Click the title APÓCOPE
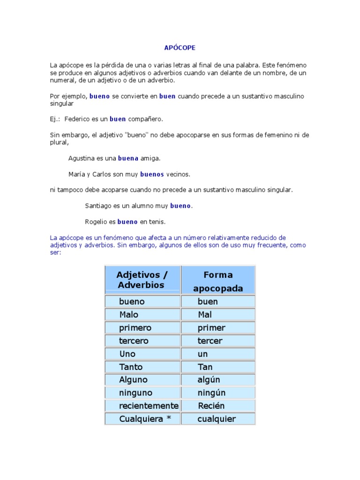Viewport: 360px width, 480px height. click(x=180, y=48)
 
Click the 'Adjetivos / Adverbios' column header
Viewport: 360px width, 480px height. click(x=142, y=280)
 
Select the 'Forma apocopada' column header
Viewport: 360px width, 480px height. click(x=218, y=281)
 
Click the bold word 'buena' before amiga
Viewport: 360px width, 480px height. click(x=128, y=158)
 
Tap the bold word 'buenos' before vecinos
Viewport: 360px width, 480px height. click(x=152, y=174)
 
